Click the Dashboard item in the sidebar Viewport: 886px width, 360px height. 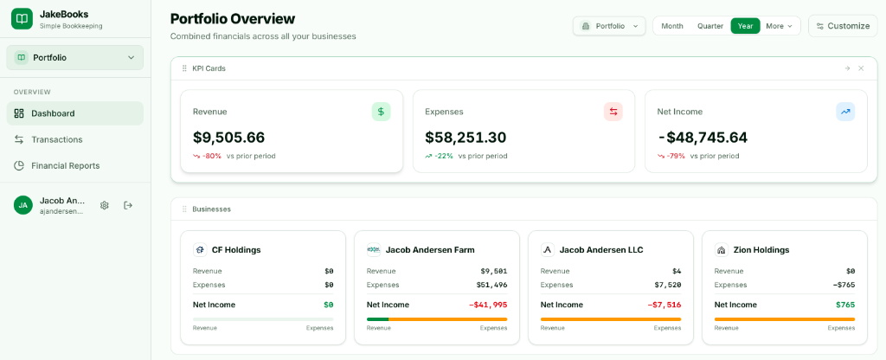(x=53, y=113)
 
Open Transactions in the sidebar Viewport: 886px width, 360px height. (x=56, y=139)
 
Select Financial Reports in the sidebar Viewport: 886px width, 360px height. (x=65, y=165)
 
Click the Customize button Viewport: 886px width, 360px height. (x=842, y=26)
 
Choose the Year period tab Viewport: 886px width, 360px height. (x=745, y=26)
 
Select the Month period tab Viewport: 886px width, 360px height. (x=672, y=26)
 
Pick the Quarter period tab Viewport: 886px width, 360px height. (x=710, y=26)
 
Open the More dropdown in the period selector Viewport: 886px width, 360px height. (x=779, y=26)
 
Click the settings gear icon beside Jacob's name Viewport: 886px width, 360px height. (x=105, y=205)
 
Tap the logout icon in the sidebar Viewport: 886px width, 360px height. (x=128, y=205)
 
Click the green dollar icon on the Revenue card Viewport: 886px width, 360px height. (x=381, y=112)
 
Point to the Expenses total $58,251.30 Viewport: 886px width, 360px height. (x=465, y=138)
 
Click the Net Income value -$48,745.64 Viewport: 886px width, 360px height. (x=702, y=138)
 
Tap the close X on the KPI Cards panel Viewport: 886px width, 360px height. (x=861, y=68)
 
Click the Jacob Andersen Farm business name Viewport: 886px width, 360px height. (x=429, y=250)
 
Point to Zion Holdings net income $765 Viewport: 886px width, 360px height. (x=844, y=305)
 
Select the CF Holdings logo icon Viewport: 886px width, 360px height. (x=200, y=250)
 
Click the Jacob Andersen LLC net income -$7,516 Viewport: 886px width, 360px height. (x=664, y=305)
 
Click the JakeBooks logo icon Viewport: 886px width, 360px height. (x=22, y=18)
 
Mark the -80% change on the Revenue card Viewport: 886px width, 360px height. (x=211, y=156)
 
